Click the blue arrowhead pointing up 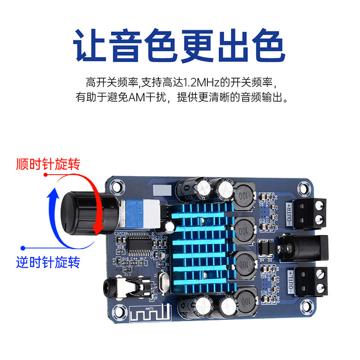click(x=53, y=194)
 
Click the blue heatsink click(x=202, y=243)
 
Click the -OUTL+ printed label click(x=288, y=279)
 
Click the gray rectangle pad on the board click(x=161, y=190)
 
